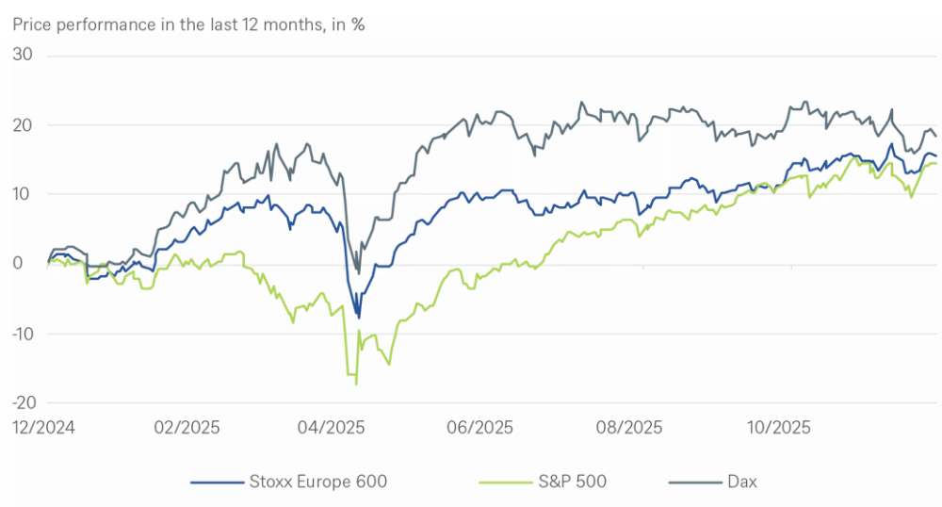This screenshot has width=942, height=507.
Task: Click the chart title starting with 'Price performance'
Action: pos(188,25)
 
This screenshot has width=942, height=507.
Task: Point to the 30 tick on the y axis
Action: pos(23,56)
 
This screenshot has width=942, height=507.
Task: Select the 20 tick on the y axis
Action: pos(23,125)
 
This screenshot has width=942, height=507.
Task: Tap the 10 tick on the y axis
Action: pos(23,194)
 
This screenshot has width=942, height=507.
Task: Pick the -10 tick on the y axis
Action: pos(21,334)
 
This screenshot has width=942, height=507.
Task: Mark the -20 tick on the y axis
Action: pos(21,402)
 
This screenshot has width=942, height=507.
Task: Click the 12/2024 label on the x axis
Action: pos(43,427)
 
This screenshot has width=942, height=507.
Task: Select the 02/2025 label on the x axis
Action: pos(187,427)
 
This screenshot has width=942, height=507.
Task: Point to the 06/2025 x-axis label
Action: pos(480,427)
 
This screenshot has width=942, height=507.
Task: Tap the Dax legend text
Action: pos(742,482)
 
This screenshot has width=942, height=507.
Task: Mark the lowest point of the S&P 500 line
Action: pos(356,384)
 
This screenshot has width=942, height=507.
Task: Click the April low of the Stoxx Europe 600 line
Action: pos(358,318)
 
